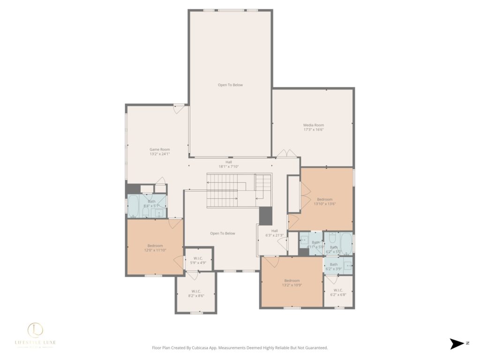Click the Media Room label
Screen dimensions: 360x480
click(313, 125)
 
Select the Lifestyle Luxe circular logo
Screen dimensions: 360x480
click(36, 330)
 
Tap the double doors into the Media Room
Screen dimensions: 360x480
click(286, 154)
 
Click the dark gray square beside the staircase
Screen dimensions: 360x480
click(266, 215)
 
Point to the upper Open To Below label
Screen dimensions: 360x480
click(230, 85)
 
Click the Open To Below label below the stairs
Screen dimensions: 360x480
click(223, 233)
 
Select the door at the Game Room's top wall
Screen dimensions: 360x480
click(179, 108)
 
